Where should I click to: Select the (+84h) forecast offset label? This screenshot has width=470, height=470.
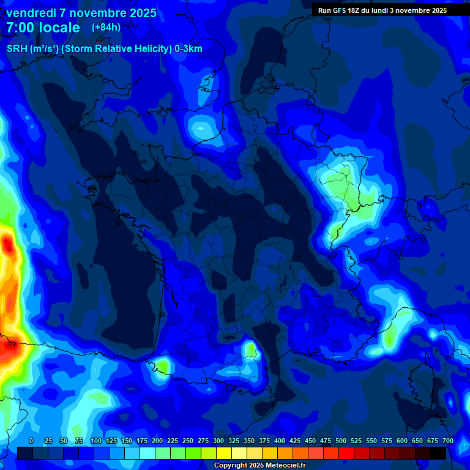106,27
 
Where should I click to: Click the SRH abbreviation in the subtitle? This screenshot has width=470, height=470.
17,49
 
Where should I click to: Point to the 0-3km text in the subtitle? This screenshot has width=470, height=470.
188,49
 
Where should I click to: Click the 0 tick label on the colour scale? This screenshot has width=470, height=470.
31,441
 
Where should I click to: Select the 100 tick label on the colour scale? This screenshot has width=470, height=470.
95,441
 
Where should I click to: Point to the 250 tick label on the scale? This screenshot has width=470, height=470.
187,441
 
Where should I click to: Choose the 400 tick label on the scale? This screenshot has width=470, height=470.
280,441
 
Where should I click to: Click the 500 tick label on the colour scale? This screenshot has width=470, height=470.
341,441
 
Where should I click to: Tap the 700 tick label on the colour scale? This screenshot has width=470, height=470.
447,441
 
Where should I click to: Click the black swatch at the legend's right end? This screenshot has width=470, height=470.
438,453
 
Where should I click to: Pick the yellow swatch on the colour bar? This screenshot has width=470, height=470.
224,453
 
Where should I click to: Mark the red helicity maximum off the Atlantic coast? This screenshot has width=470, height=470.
8,245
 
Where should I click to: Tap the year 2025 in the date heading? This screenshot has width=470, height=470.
139,13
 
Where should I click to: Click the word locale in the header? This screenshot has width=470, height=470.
58,28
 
